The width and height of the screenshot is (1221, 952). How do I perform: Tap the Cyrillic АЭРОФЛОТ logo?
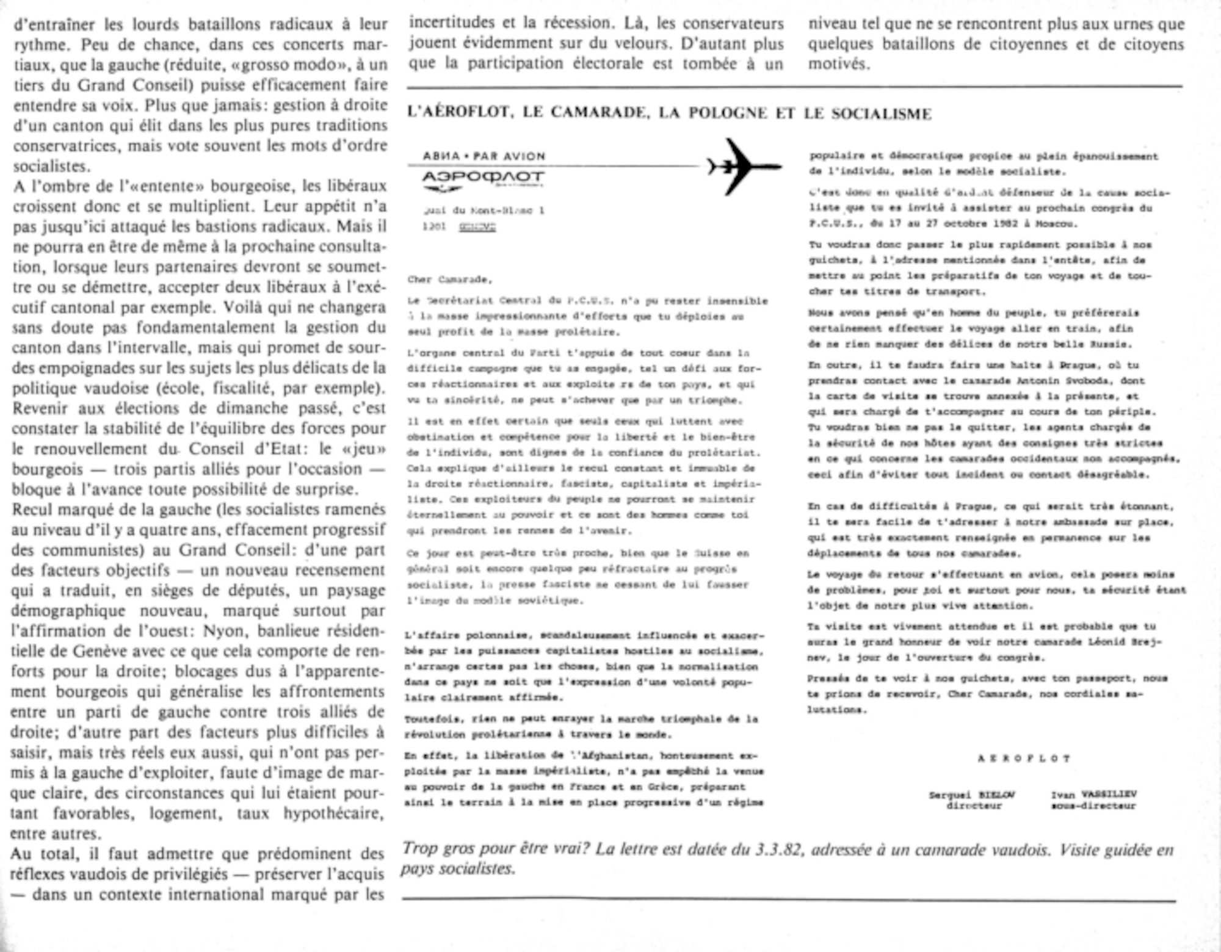(483, 178)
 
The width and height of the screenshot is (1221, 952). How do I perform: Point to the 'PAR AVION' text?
(509, 156)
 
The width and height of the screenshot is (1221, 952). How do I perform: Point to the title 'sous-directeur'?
(1093, 806)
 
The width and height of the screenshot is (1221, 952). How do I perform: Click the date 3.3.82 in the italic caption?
(777, 849)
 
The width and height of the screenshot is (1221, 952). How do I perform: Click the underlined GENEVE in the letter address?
(477, 227)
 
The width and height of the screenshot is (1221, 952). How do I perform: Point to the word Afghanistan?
(610, 755)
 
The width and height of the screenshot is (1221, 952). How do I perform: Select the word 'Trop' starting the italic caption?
(420, 849)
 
